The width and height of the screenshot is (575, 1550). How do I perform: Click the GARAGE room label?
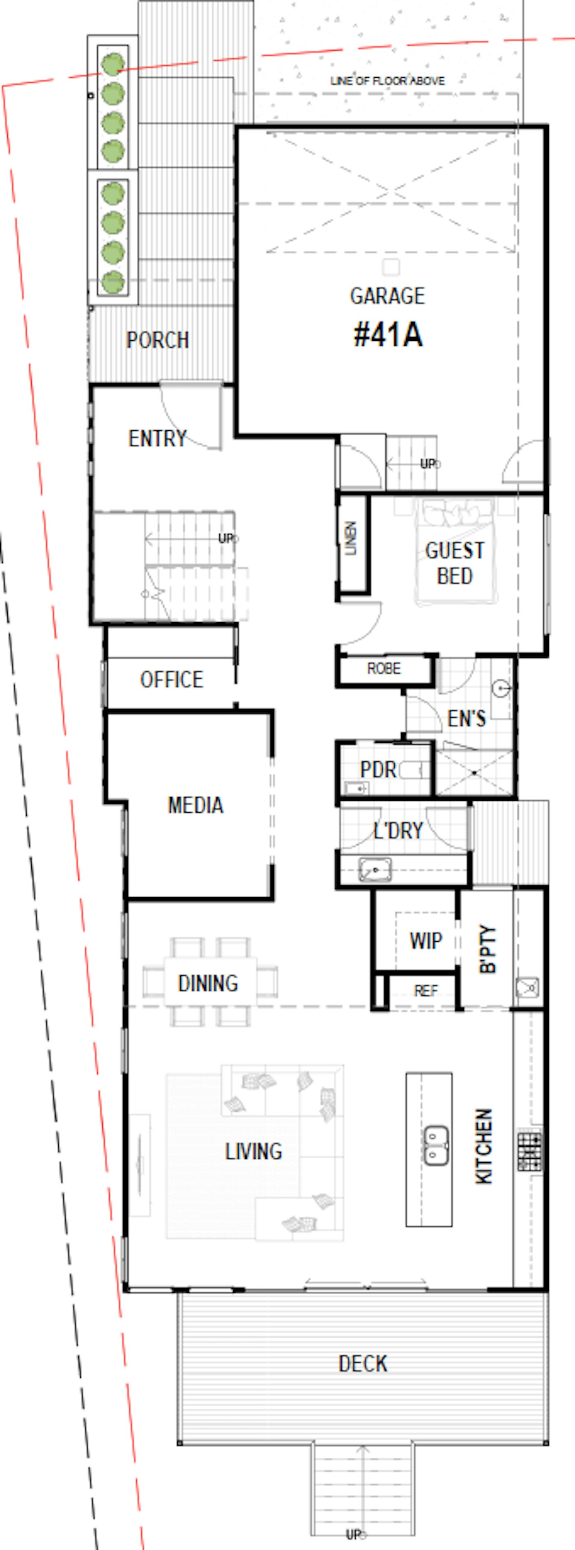click(387, 296)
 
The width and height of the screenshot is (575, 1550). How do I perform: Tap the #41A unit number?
click(388, 335)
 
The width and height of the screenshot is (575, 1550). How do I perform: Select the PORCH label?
click(158, 340)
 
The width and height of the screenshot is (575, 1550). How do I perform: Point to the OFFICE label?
click(171, 679)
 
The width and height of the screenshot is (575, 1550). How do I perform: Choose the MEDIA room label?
click(195, 805)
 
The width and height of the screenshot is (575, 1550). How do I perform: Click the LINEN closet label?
click(351, 538)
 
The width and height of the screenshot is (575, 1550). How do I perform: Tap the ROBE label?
click(384, 668)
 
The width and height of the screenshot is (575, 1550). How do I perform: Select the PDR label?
click(378, 769)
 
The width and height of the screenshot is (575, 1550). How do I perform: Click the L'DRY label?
click(398, 831)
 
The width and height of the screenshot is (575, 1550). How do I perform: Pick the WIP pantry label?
click(426, 940)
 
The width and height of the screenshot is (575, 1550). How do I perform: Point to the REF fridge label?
click(426, 991)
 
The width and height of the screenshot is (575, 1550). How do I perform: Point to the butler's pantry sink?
click(527, 987)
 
